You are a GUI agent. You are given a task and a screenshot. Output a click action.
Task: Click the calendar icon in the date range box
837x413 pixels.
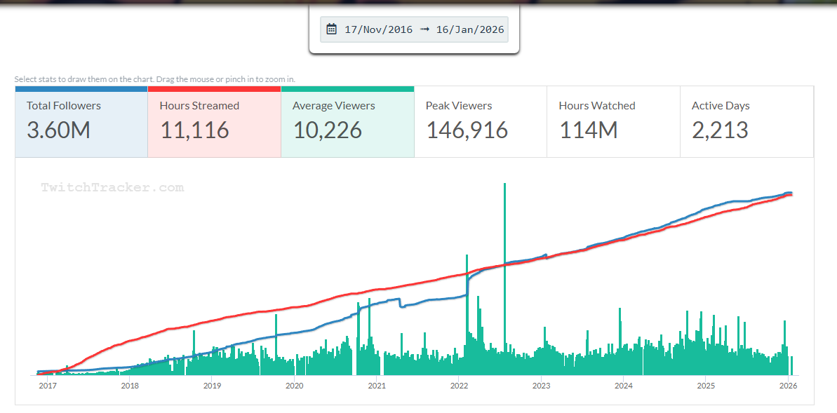point(332,29)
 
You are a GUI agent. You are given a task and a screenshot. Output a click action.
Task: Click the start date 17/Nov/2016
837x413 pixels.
point(379,29)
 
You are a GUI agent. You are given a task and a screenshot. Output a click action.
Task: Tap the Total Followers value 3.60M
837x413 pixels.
point(58,130)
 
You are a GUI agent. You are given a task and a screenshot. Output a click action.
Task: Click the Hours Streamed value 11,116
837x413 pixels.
point(194,130)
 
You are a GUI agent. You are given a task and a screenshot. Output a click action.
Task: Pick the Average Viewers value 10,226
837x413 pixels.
point(327,130)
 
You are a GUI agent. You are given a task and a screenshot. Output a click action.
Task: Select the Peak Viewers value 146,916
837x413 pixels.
point(467,130)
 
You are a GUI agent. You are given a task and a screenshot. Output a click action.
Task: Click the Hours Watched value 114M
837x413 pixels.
point(588,130)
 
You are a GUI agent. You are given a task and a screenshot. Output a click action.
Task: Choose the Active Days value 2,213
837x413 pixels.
point(720,130)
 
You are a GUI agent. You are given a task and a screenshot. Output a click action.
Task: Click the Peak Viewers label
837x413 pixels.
point(459,106)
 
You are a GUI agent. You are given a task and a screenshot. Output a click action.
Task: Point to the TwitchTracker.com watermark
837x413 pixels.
point(112,187)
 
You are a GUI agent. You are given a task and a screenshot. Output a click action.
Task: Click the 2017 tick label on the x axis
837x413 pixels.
point(47,385)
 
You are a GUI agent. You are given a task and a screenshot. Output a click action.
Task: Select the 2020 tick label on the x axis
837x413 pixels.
point(295,385)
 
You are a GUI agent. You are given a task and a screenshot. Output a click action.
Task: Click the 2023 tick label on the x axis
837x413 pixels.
point(541,385)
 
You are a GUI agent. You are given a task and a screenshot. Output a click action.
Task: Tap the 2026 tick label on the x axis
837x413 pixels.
point(788,385)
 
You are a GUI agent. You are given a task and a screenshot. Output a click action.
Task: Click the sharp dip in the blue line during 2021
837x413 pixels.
point(401,306)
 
